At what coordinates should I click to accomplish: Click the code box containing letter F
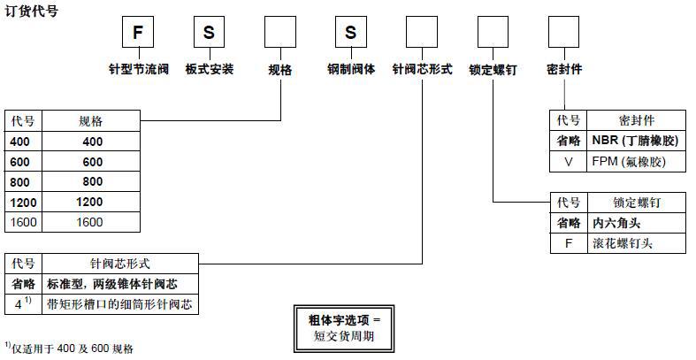click(x=137, y=33)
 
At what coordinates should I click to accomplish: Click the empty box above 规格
click(x=280, y=33)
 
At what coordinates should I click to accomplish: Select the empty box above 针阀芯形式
click(x=421, y=33)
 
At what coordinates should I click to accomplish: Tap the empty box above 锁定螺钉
click(x=493, y=33)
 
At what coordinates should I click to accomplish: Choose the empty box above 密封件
click(x=563, y=33)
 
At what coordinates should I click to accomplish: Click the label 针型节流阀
click(x=137, y=68)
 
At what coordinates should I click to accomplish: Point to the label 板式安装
click(x=210, y=68)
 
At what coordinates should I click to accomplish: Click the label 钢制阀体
click(x=351, y=68)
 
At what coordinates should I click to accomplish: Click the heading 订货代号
click(x=32, y=11)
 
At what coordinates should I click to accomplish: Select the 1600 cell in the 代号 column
click(x=24, y=223)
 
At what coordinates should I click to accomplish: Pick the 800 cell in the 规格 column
click(x=92, y=182)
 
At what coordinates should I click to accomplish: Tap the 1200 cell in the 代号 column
click(x=24, y=203)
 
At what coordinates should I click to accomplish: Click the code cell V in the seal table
click(x=569, y=162)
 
